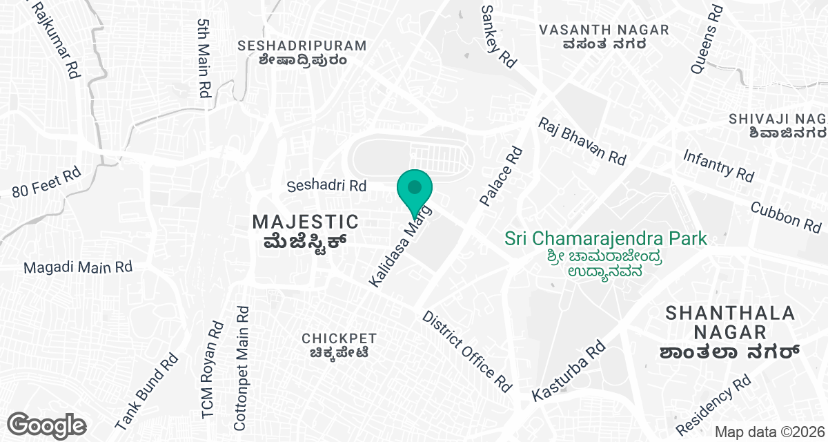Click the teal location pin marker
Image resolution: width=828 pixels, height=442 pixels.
[x=415, y=188]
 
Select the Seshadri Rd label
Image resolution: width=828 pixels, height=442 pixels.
[x=326, y=186]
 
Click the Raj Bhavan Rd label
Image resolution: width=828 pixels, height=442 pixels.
[x=582, y=141]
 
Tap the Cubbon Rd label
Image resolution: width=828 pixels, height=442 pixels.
[x=785, y=216]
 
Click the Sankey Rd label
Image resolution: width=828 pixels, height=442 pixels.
[x=498, y=36]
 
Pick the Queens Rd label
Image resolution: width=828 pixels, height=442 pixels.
[x=706, y=39]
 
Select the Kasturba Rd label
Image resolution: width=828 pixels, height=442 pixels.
[x=569, y=372]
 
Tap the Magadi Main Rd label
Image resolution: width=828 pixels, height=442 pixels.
[x=77, y=267]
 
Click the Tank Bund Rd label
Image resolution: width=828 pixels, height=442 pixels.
[x=146, y=391]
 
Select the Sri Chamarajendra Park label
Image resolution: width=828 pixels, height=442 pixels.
[x=606, y=239]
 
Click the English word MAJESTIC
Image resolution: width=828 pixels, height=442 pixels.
[x=306, y=222]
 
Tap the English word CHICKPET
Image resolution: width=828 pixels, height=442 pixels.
[x=339, y=338]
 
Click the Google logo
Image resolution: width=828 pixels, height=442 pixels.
[x=47, y=424]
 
